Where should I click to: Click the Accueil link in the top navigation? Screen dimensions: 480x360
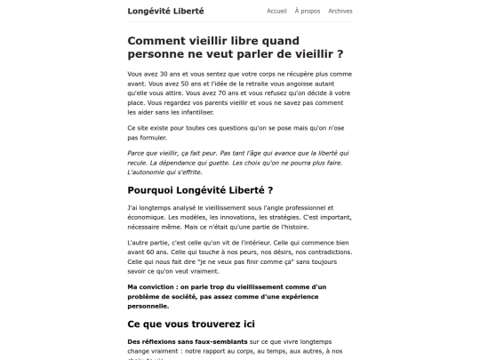click(x=276, y=12)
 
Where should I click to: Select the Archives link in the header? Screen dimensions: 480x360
click(x=340, y=12)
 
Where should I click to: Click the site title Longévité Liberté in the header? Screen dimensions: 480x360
click(x=165, y=12)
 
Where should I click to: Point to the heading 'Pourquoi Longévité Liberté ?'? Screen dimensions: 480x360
click(x=200, y=190)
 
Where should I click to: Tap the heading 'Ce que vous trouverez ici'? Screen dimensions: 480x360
click(x=191, y=324)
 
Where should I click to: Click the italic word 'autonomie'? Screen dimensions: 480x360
click(x=156, y=172)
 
